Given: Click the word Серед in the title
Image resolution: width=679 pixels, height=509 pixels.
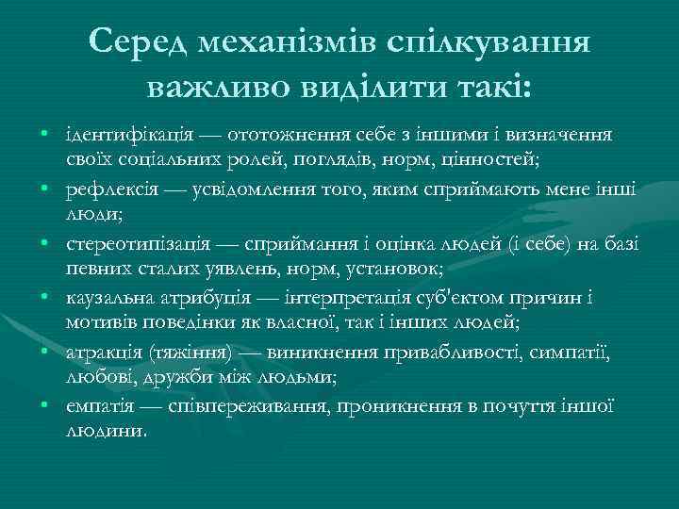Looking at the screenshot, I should coord(141,41).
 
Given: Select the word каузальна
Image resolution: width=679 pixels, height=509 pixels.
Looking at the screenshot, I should coord(105,299).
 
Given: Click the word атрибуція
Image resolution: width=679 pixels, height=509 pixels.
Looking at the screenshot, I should coord(190,299).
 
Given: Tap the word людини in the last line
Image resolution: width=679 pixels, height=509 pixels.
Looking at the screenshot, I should coord(105,429).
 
